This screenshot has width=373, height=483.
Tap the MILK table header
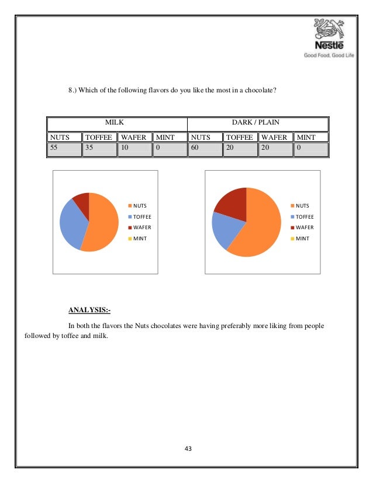coord(117,124)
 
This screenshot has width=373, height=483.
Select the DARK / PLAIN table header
coord(258,124)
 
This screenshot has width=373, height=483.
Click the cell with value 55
coord(64,149)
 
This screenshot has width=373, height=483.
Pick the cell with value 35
coord(99,149)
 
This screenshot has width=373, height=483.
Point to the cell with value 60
coord(205,149)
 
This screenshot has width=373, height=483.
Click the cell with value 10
coord(134,149)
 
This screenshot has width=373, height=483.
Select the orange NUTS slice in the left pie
coord(103,225)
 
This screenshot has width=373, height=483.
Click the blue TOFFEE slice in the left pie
coord(73,222)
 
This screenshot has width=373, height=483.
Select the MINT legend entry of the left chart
coord(139,238)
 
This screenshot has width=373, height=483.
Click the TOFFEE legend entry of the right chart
coord(302,216)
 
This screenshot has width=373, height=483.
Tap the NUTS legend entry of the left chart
coord(139,206)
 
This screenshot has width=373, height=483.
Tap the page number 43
coord(187,448)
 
